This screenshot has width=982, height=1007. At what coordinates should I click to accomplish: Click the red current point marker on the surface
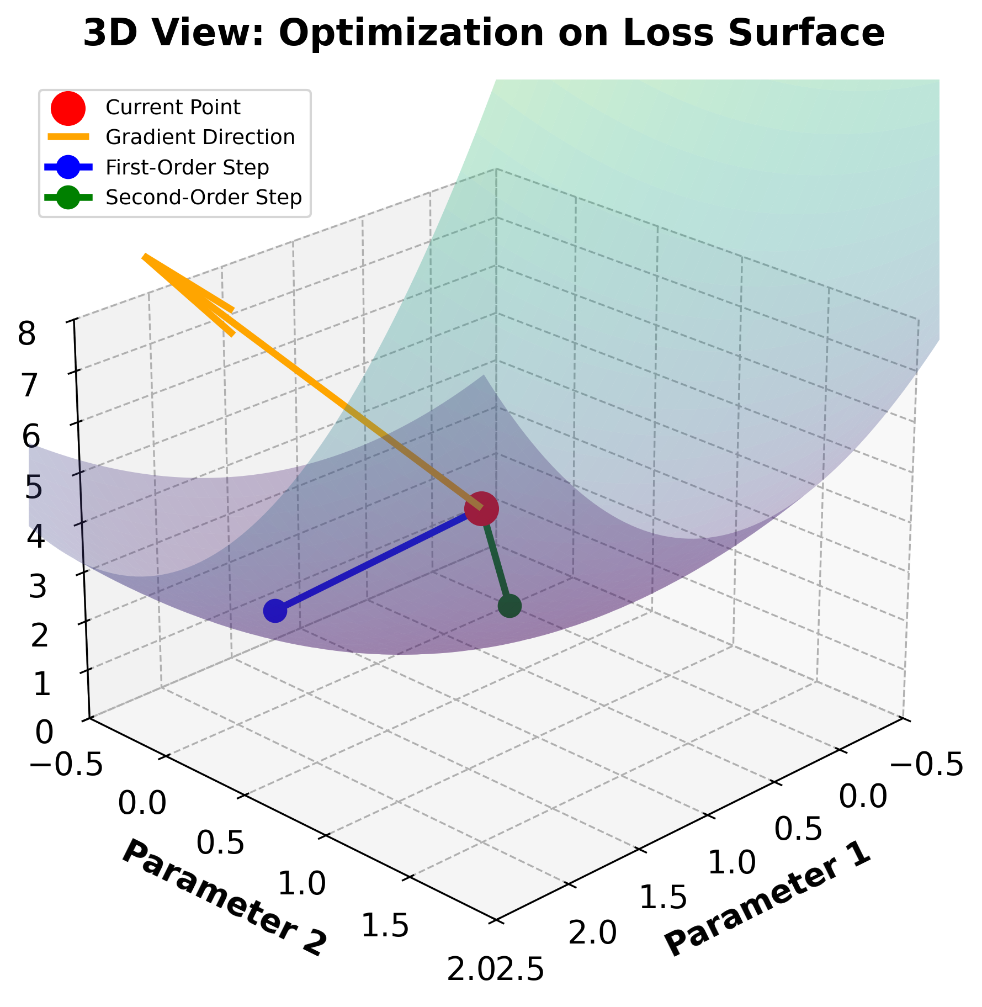click(481, 508)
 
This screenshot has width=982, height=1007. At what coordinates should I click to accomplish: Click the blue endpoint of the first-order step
click(275, 611)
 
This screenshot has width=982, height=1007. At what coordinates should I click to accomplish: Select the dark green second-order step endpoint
click(509, 606)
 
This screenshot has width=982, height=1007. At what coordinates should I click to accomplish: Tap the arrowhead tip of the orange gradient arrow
click(145, 256)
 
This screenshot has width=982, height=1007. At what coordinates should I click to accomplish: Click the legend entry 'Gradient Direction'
click(200, 137)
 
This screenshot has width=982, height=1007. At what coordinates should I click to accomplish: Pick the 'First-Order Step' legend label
click(187, 167)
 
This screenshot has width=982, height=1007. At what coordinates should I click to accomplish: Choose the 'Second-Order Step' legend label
click(204, 197)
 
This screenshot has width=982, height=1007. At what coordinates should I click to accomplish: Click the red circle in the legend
click(68, 107)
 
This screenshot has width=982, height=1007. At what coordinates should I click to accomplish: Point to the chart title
click(484, 33)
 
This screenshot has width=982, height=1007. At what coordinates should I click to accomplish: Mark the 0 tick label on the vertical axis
click(44, 733)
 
